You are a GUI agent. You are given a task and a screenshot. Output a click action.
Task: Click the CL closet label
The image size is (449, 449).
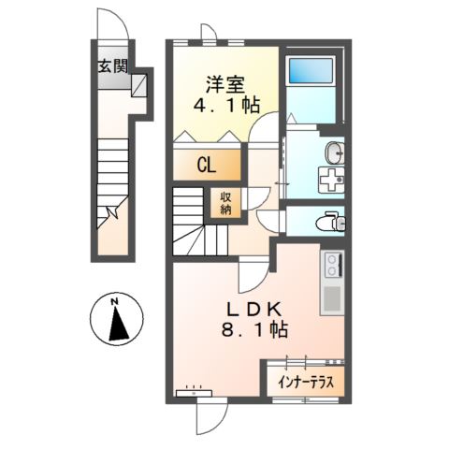coord(207,167)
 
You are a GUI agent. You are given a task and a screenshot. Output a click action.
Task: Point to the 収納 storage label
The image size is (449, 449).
coord(226,203)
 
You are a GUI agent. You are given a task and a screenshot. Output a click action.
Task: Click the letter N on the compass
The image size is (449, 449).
coord(113,302)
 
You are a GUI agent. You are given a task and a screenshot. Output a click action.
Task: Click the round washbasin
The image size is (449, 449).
coord(334,152)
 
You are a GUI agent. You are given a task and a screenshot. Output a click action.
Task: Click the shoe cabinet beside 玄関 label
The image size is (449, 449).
coord(138,88)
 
